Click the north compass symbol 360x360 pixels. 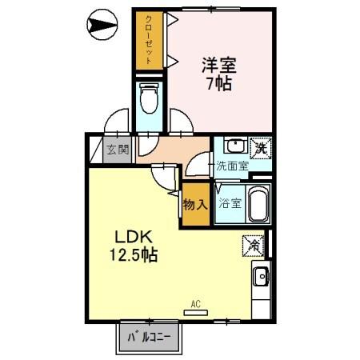(102, 26)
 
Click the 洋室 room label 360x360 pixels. (217, 63)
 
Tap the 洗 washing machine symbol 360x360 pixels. (260, 146)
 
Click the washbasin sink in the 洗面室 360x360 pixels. (234, 146)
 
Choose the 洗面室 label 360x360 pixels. (231, 168)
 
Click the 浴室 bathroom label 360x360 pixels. (230, 202)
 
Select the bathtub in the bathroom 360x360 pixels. (258, 204)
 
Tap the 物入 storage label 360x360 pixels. (195, 203)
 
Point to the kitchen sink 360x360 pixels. (260, 278)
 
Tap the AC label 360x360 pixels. (195, 304)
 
